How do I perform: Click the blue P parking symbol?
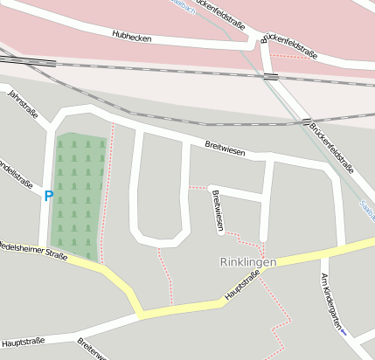click(x=49, y=196)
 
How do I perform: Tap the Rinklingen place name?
click(x=247, y=262)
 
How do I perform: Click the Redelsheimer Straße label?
click(x=33, y=250)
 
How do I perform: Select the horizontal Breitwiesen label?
click(x=225, y=150)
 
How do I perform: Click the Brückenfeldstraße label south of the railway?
click(x=331, y=149)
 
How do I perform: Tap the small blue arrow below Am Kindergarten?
click(x=344, y=333)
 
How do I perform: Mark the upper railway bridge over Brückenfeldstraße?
click(x=271, y=77)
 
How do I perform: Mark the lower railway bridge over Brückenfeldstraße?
click(x=307, y=121)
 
